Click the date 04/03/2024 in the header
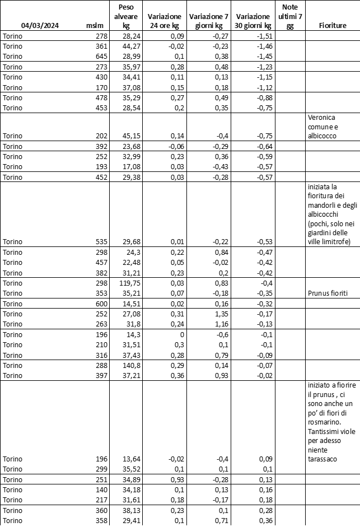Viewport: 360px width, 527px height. point(40,26)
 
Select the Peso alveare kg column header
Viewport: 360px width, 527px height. point(126,16)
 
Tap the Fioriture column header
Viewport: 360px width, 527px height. point(333,26)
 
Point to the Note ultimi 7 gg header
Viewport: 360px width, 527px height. point(289,16)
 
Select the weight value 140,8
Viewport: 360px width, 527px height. point(129,366)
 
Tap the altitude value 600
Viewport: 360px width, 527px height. point(100,304)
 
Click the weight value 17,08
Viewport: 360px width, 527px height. point(129,167)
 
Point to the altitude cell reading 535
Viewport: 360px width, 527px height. point(100,242)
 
